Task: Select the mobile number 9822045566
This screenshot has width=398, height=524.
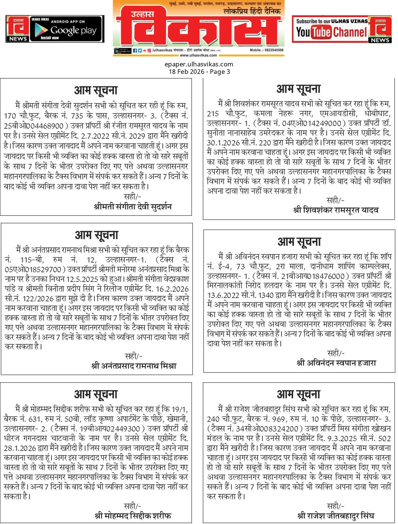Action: pyautogui.click(x=267, y=50)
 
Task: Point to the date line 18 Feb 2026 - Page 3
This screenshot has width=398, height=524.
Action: pyautogui.click(x=199, y=72)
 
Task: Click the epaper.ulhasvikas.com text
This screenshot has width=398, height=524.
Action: pyautogui.click(x=199, y=64)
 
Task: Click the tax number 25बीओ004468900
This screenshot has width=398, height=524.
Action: pyautogui.click(x=34, y=126)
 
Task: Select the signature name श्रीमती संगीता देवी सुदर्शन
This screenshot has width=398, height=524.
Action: pyautogui.click(x=133, y=207)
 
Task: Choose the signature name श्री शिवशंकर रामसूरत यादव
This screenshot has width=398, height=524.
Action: pyautogui.click(x=336, y=210)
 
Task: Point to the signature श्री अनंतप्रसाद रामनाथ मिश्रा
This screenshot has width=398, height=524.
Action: pyautogui.click(x=134, y=366)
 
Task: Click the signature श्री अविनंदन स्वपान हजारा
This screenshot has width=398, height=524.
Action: pyautogui.click(x=336, y=363)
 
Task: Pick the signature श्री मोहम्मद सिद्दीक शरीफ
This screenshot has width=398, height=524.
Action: pyautogui.click(x=133, y=516)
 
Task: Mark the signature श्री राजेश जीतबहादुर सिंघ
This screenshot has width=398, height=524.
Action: pyautogui.click(x=336, y=516)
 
